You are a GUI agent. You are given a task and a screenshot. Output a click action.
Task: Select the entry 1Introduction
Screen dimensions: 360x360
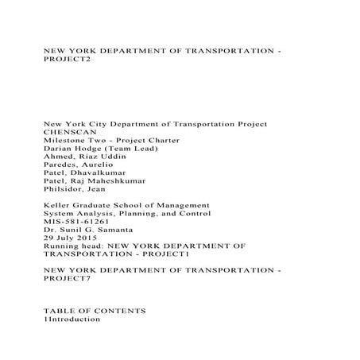[x=72, y=319]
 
